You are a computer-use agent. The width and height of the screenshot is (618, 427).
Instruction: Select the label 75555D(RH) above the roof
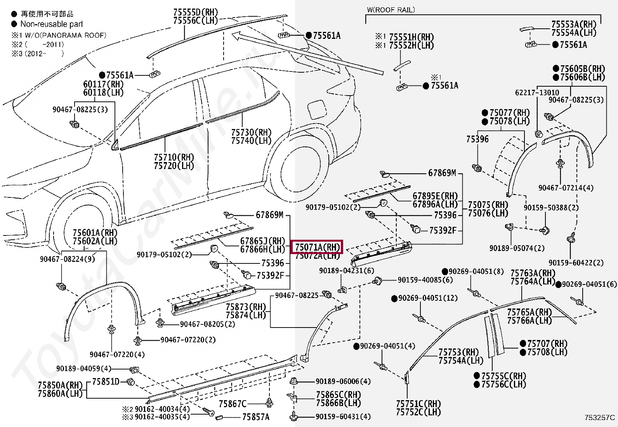pos(195,12)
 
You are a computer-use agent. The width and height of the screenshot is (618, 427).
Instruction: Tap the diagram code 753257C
pos(600,418)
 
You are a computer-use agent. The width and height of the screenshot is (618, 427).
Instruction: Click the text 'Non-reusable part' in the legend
pos(52,24)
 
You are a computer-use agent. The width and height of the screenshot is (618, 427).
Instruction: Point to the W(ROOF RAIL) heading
pos(391,10)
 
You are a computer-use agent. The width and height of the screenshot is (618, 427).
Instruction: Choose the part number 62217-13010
pos(537,92)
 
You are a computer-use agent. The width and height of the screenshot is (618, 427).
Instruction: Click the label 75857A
pos(255,417)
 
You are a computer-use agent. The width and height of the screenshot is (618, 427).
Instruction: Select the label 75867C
pos(232,404)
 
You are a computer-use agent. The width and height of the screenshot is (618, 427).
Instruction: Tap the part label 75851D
pos(106,382)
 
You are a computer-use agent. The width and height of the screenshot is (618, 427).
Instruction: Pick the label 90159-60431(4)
pos(343,417)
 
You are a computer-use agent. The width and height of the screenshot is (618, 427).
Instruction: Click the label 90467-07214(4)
pos(566,188)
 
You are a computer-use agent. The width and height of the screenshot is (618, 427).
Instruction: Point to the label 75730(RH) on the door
pos(251,132)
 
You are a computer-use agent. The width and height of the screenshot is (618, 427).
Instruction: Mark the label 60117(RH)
pos(103,84)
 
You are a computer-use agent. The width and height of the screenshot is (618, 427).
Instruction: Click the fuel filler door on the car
pos(318,110)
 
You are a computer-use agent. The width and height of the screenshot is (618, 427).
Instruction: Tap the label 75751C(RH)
pos(418,404)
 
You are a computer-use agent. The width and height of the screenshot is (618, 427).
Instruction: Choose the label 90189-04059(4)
pos(83,368)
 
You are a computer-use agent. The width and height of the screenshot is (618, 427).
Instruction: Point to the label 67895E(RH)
pos(435,196)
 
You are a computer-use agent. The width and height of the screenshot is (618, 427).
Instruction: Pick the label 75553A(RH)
pos(574,24)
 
